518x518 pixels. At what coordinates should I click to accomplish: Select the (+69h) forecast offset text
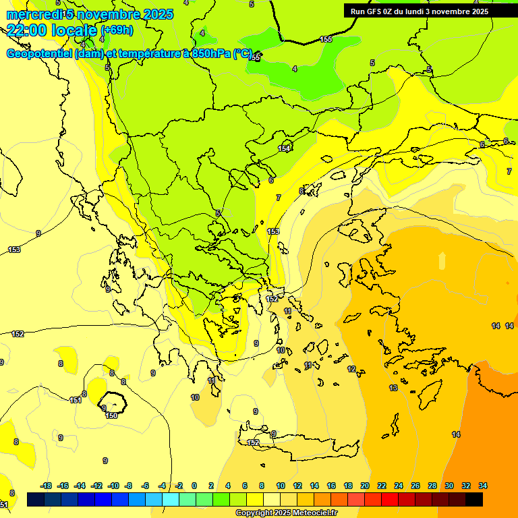(x=117, y=30)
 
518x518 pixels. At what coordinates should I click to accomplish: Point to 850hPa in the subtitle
(x=210, y=53)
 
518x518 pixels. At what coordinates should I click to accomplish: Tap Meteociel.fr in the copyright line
(x=312, y=513)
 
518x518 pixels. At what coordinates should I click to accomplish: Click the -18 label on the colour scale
(x=46, y=486)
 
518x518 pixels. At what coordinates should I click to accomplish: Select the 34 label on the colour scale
(x=483, y=486)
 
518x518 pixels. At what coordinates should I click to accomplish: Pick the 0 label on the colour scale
(x=194, y=486)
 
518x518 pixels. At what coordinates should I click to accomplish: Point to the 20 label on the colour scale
(x=365, y=486)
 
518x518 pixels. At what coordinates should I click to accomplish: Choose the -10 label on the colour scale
(x=113, y=486)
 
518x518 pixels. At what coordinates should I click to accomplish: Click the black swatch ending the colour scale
(x=474, y=499)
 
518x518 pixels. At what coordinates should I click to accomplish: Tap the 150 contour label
(x=111, y=415)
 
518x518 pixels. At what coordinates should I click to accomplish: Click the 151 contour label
(x=76, y=400)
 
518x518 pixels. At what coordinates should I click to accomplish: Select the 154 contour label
(x=284, y=148)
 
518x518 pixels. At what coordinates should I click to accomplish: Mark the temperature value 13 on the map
(x=393, y=388)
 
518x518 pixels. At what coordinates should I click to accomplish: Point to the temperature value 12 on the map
(x=351, y=369)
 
